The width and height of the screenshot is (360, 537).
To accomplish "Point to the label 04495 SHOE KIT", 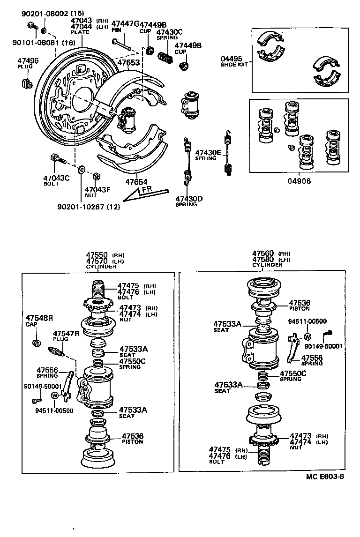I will [x=232, y=61].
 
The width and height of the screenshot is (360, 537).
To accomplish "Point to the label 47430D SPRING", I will [x=189, y=201].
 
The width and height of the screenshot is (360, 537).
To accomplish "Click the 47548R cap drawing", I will [x=36, y=343].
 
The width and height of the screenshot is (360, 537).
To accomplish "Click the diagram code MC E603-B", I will [x=325, y=477].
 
